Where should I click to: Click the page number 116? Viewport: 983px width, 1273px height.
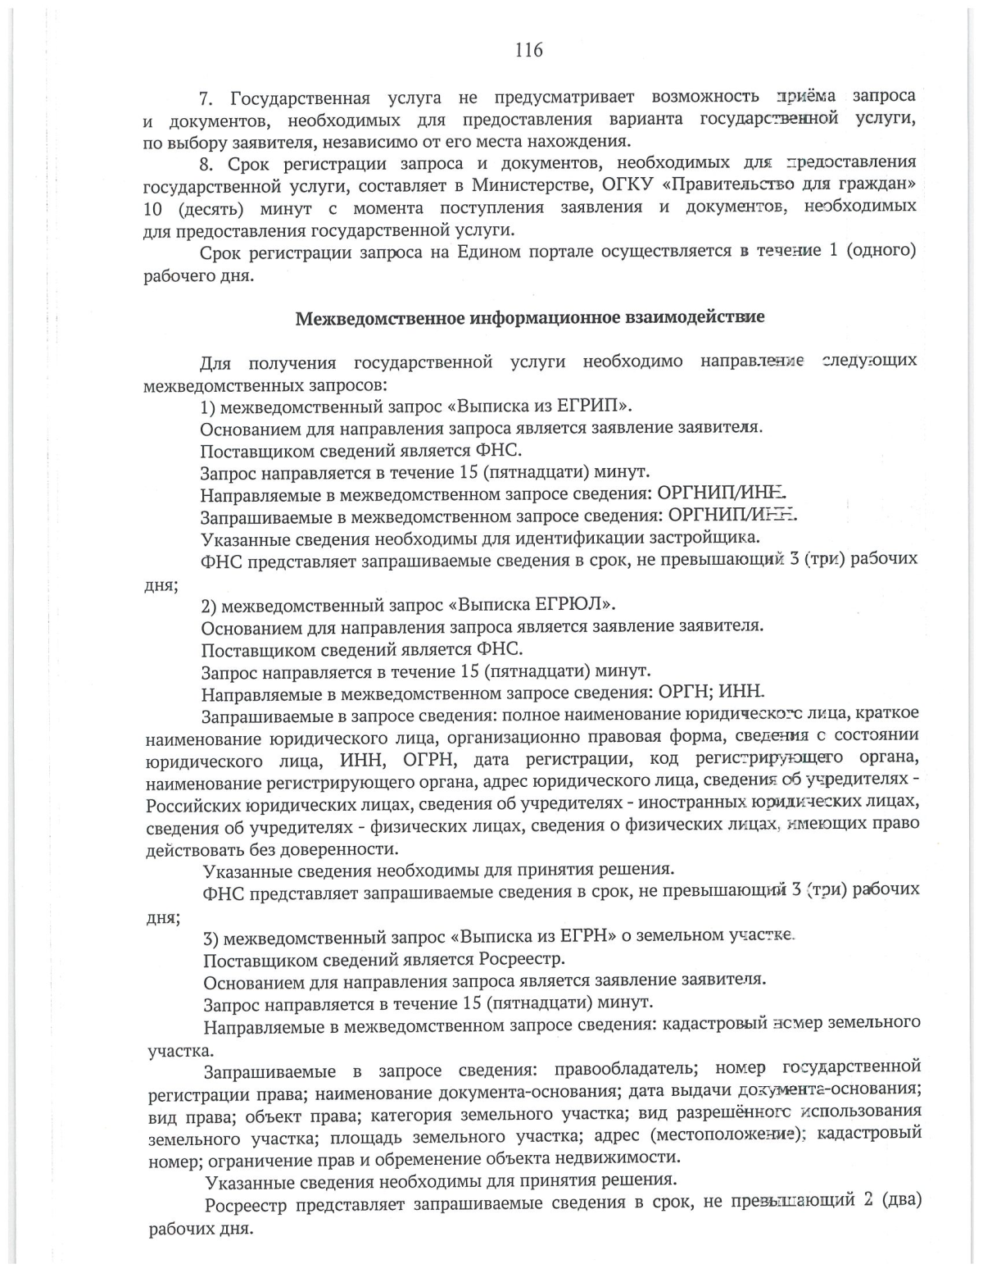(528, 50)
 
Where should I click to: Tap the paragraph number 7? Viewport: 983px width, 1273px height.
(206, 98)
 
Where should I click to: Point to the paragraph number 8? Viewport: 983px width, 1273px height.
(206, 162)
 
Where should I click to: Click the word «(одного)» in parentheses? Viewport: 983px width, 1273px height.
(881, 250)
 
